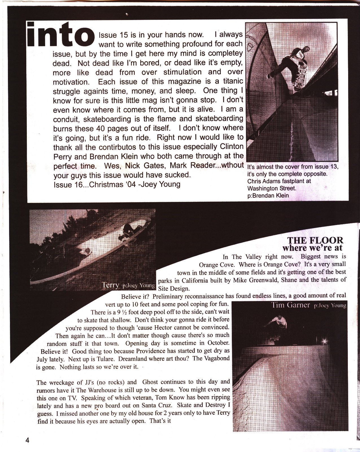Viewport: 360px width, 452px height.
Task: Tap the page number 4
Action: (x=27, y=440)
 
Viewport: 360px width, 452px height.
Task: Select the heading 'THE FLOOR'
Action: (x=315, y=240)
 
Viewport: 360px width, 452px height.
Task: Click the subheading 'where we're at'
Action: (x=312, y=248)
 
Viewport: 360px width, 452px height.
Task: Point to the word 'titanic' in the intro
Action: (x=231, y=81)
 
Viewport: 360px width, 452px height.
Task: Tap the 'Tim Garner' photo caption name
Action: (x=291, y=305)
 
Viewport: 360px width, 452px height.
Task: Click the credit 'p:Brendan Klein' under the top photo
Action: (x=268, y=195)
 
